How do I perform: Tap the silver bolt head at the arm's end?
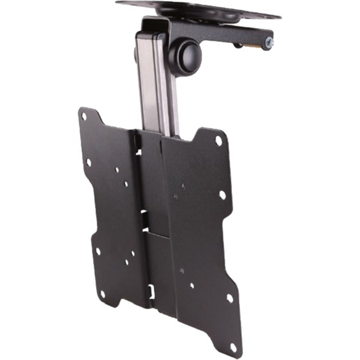point(269,42)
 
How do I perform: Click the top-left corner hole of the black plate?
point(84,116)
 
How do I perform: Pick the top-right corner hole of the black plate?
point(218,140)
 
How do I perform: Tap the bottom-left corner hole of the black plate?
point(102,294)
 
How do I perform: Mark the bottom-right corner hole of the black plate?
point(229,298)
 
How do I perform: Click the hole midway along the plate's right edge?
point(222,195)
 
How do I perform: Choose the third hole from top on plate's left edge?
point(98,250)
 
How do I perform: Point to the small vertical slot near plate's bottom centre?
point(152,290)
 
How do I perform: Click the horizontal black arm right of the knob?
point(229,39)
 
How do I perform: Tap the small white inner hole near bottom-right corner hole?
point(192,285)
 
